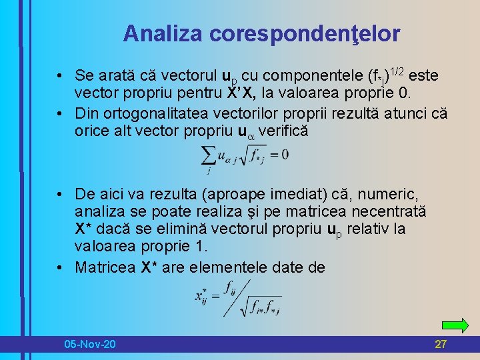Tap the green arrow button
(x=455, y=325)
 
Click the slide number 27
(x=440, y=344)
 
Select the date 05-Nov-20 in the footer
(x=89, y=344)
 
